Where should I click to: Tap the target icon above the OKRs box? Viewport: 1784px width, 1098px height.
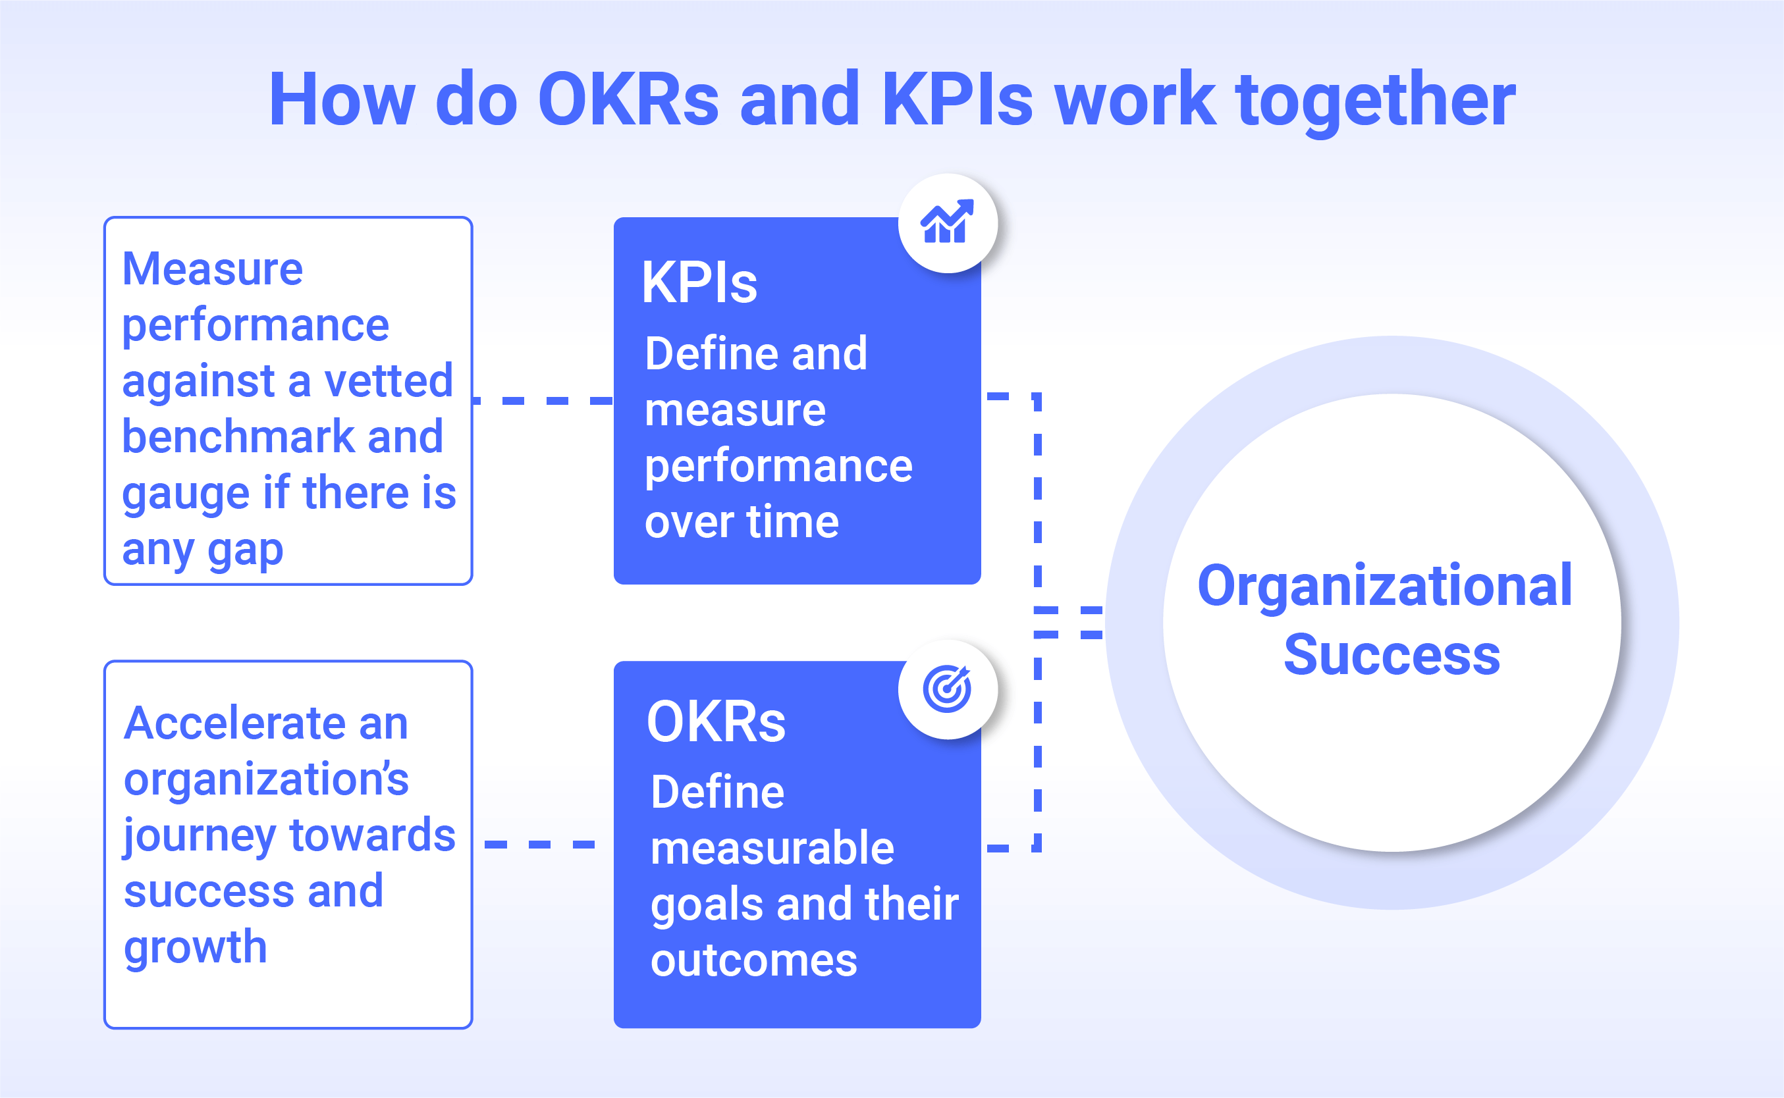[947, 689]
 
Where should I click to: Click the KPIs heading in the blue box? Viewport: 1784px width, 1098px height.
[699, 282]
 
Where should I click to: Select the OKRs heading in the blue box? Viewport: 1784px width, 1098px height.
[716, 722]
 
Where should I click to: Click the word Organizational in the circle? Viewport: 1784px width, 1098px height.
[1384, 587]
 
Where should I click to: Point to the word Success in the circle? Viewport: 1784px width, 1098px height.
[1392, 654]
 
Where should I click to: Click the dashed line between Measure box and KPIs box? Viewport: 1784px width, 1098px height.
[543, 400]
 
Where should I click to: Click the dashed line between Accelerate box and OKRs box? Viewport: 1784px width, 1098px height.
[540, 844]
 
